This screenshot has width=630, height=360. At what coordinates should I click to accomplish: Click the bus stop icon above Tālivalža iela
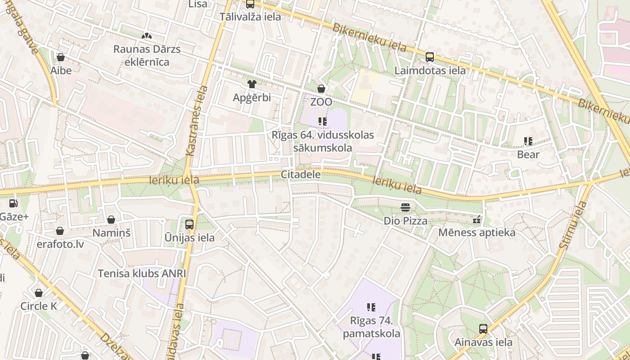click(x=250, y=4)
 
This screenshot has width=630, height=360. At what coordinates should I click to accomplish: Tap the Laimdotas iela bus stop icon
click(x=430, y=57)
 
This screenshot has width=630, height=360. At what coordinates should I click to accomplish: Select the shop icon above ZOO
click(x=321, y=89)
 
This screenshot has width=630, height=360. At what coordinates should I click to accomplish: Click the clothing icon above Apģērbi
click(x=252, y=84)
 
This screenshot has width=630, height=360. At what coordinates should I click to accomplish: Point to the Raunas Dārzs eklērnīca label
click(x=147, y=55)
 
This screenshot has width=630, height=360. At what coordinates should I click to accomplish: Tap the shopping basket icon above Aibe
click(x=61, y=57)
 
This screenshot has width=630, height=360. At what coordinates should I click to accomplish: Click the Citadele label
click(x=301, y=175)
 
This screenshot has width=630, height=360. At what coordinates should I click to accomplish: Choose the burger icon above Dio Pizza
click(x=405, y=207)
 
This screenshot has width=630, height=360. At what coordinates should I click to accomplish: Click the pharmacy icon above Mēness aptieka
click(x=477, y=220)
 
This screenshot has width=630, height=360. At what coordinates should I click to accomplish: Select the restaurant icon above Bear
click(x=528, y=141)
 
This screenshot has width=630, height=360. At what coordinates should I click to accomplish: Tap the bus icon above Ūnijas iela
click(x=189, y=224)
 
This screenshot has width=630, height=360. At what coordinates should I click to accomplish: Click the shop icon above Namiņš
click(x=111, y=220)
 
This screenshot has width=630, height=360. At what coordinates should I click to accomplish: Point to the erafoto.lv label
click(x=61, y=244)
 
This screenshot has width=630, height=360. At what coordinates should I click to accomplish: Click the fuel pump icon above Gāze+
click(x=13, y=203)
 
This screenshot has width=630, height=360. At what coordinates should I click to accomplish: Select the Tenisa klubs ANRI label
click(x=142, y=274)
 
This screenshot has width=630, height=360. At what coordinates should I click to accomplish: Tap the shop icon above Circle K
click(x=39, y=293)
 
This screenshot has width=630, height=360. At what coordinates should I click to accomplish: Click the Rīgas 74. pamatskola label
click(x=371, y=328)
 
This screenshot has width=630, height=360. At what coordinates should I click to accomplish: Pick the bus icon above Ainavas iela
click(x=483, y=329)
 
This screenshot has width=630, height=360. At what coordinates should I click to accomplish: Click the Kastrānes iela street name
click(x=197, y=121)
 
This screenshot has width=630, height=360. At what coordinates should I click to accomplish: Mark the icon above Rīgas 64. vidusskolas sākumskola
click(x=322, y=121)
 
